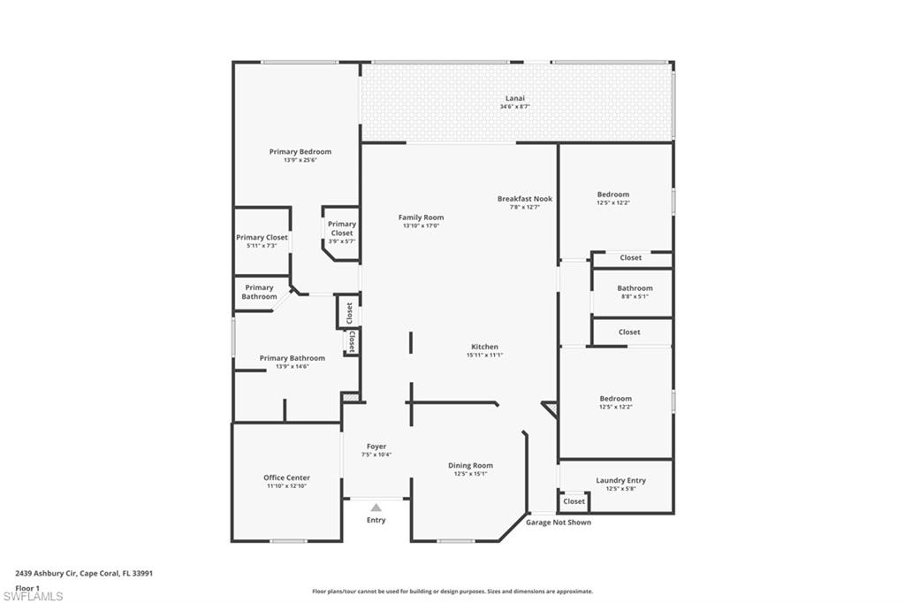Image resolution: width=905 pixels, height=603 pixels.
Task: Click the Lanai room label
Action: [x=514, y=98]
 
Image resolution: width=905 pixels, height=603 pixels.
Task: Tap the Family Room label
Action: [x=421, y=218]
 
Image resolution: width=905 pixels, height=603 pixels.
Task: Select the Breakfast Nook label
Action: [x=524, y=199]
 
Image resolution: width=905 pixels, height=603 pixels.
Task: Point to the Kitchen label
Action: [x=484, y=347]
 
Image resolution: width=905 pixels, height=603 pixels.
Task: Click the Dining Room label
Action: [x=470, y=465]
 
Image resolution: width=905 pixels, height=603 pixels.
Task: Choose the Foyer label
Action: [x=376, y=447]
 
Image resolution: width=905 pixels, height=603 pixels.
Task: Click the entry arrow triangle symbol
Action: [x=376, y=508]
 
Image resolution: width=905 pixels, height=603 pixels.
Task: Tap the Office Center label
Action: [x=286, y=477]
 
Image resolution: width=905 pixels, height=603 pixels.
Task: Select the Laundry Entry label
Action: [x=620, y=480]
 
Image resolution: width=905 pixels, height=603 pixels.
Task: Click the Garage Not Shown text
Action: [x=559, y=523]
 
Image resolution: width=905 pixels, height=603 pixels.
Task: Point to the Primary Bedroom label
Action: [x=300, y=152]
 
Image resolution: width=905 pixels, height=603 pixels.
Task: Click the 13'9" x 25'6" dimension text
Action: [x=300, y=161]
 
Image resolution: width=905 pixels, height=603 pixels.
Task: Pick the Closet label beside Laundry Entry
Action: [x=574, y=501]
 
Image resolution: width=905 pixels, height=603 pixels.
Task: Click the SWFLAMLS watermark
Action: [x=33, y=596]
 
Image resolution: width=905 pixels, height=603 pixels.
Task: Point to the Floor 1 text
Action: [x=27, y=587]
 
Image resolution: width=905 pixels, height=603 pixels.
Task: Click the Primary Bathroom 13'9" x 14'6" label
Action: [x=292, y=358]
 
